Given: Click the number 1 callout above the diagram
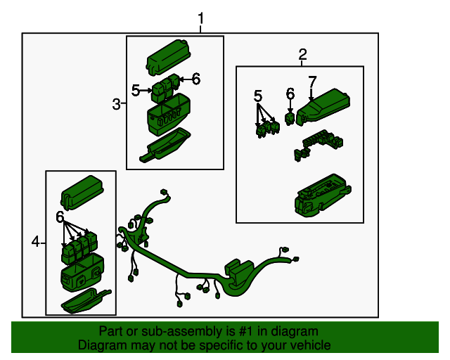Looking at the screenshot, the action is point(201,18).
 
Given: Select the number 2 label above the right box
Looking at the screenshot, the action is point(302,54).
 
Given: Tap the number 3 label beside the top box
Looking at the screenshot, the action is point(116,104).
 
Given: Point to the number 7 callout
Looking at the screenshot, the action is point(312,82).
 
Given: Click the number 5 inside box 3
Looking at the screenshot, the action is point(136,91).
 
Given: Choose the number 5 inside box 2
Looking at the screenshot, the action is point(258,96).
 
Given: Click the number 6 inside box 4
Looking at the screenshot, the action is point(60,217).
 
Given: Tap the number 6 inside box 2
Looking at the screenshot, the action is point(290,94).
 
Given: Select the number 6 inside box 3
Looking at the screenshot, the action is point(196,78).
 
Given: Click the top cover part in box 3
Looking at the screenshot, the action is point(169,58).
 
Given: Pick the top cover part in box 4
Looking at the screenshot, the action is point(82,192).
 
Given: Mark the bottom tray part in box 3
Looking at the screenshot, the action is point(166,146).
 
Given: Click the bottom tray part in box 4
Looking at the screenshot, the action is point(85,301).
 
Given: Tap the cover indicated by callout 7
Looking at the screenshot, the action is point(323,107).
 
